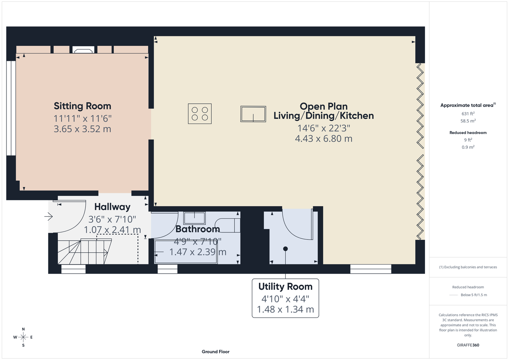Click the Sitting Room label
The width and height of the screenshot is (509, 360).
[x=82, y=106]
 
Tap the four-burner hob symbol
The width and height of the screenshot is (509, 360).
[x=200, y=113]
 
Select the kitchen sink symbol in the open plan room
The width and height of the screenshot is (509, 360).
[x=253, y=114]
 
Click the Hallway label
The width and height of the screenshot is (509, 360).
[x=112, y=207]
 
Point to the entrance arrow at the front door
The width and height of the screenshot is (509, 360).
[x=48, y=216]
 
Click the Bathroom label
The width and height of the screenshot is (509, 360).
[x=198, y=229]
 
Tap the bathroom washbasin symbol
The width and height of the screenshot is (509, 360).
[x=195, y=218]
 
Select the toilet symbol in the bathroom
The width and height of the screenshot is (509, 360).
[x=227, y=225]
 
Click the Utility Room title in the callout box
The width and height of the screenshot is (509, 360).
[x=285, y=287]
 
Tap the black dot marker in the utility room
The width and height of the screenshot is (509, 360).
[x=285, y=249]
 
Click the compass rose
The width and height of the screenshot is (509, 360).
[x=23, y=337]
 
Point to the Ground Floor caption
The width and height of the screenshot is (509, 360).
[x=216, y=352]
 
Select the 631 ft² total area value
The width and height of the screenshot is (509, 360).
[x=468, y=113]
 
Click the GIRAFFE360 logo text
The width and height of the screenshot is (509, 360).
[x=468, y=345]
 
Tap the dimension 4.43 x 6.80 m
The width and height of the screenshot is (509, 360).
[x=323, y=139]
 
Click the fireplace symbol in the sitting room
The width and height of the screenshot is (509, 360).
[x=84, y=50]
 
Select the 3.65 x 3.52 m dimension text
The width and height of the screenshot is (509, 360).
[x=82, y=129]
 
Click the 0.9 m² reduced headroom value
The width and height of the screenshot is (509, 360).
[x=468, y=147]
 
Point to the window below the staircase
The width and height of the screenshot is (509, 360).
[x=73, y=269]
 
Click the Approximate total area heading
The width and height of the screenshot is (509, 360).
[x=468, y=105]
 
